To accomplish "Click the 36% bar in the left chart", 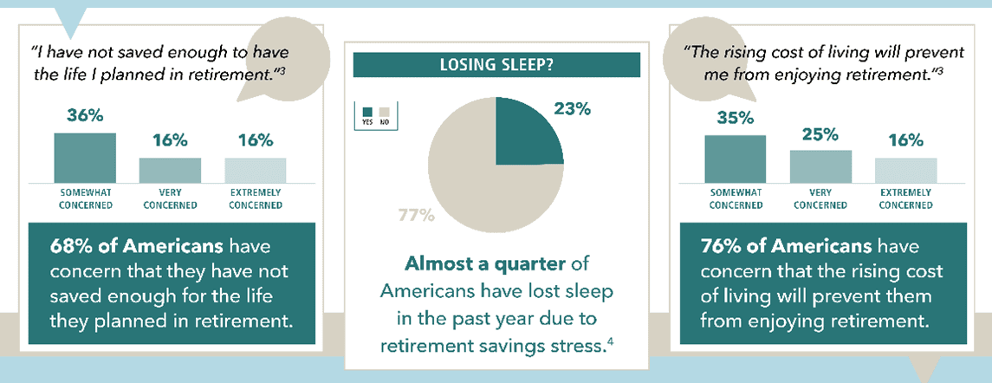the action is tap(85, 158).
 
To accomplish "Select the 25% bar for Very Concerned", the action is tap(820, 166).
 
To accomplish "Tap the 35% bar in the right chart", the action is tap(736, 159).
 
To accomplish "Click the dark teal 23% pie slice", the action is tap(524, 133).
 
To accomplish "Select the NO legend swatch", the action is tap(383, 114).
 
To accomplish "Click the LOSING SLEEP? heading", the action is tap(496, 65).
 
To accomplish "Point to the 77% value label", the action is tap(416, 216).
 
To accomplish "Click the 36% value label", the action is tap(85, 116).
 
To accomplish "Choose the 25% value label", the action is tap(820, 135).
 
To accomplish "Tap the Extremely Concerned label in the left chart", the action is tap(256, 198).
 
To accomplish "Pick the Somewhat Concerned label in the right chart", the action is tap(736, 198).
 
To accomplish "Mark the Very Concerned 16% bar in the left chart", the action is tap(170, 171).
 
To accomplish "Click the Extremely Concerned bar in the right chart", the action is tap(906, 171).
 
